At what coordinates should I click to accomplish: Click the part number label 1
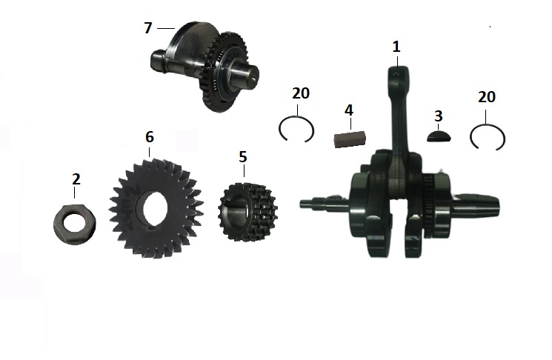click(x=396, y=46)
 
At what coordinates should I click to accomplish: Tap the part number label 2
click(x=76, y=179)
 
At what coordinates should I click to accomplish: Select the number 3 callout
click(x=439, y=116)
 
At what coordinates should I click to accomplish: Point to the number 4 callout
click(x=348, y=111)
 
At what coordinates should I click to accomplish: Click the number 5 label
click(x=242, y=157)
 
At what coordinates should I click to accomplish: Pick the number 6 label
click(x=150, y=136)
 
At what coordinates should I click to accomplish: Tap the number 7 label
click(x=148, y=28)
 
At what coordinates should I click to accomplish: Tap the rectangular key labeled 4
click(x=348, y=139)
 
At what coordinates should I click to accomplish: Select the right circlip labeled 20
click(x=488, y=139)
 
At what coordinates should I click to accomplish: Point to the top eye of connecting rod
click(x=397, y=74)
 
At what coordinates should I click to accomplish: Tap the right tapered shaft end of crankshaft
click(x=482, y=202)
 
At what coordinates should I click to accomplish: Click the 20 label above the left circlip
click(x=301, y=93)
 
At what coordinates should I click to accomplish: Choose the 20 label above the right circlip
click(x=487, y=97)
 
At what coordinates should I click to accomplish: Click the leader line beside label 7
click(x=165, y=28)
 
